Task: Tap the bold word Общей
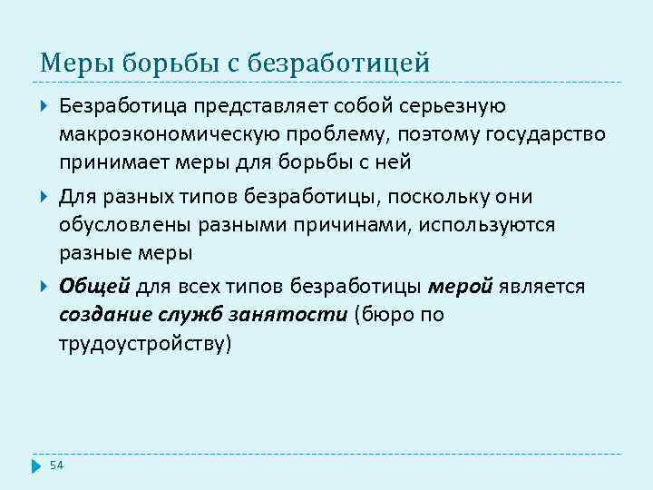[x=94, y=287]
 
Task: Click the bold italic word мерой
[x=459, y=287]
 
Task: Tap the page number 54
[x=56, y=465]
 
